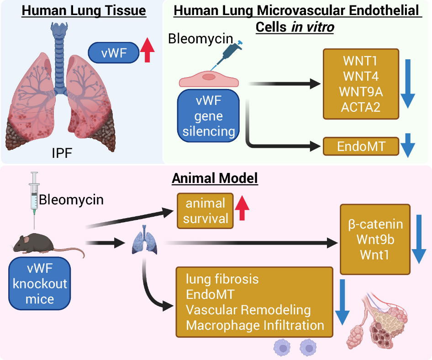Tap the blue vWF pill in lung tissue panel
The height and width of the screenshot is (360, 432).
114,53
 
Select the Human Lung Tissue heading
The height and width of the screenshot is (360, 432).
84,10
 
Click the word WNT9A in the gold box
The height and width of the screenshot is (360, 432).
361,91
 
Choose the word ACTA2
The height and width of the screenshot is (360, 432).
361,106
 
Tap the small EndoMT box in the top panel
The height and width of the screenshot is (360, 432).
361,146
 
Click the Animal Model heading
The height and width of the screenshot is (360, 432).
215,178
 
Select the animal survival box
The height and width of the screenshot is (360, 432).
205,210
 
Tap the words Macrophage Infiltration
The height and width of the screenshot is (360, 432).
255,325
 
